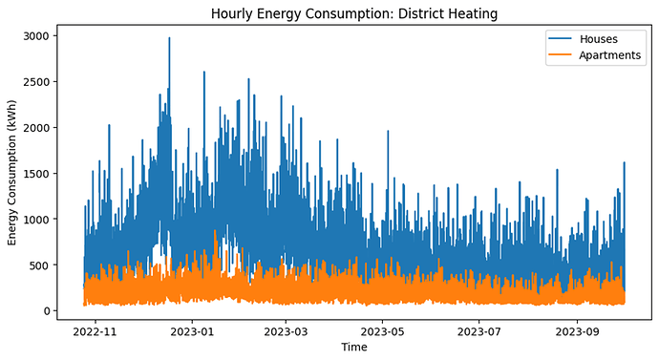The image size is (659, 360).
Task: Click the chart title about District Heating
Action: (x=354, y=14)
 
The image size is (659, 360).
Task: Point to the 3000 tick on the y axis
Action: (x=36, y=35)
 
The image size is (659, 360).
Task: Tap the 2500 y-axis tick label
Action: (x=36, y=81)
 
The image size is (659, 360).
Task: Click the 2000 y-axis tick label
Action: (x=36, y=127)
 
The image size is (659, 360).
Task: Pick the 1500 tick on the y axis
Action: (x=36, y=173)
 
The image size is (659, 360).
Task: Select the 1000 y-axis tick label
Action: (x=36, y=219)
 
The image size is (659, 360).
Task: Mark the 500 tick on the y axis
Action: (x=39, y=265)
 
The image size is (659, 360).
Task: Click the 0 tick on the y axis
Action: (x=47, y=311)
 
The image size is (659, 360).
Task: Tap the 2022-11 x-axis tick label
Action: (x=95, y=332)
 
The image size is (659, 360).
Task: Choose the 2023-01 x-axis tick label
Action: (x=192, y=332)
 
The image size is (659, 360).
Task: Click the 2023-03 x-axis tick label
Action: (x=286, y=332)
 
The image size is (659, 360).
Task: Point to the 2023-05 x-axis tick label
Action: (x=382, y=332)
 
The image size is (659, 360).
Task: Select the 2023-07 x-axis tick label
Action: (x=479, y=332)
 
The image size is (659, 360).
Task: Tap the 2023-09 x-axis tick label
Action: (x=578, y=332)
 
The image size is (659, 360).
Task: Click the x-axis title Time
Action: (x=354, y=347)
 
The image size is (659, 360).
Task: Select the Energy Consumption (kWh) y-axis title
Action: (x=11, y=173)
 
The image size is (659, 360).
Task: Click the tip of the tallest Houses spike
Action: (x=169, y=37)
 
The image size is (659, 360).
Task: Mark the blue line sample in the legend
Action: (x=560, y=38)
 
